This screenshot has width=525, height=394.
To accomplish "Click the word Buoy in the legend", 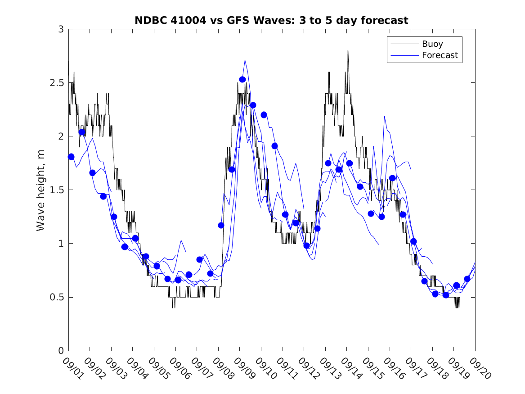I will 432,44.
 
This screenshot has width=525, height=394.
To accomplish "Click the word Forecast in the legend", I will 440,55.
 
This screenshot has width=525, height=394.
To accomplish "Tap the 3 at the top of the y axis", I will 60,29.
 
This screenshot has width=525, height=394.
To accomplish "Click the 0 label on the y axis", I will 60,351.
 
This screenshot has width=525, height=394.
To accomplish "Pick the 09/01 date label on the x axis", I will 72,369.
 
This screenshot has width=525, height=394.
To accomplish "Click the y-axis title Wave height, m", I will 41,190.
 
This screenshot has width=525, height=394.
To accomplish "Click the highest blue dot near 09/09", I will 242,80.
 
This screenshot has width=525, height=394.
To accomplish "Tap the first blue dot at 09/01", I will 71,157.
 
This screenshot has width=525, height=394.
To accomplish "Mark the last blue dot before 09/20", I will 467,279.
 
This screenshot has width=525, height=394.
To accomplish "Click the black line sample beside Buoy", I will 404,44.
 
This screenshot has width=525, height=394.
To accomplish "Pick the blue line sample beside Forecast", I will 404,55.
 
